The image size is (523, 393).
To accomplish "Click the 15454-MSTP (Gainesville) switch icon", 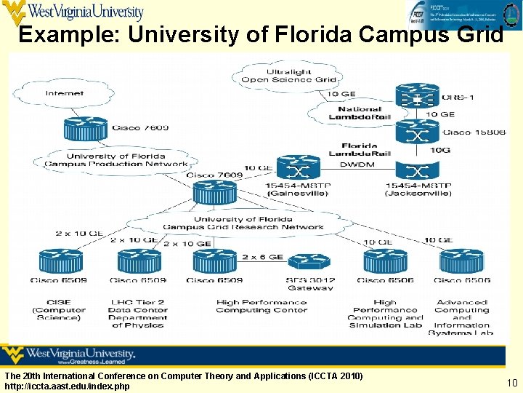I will (x=298, y=170).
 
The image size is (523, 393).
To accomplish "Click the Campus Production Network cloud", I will (x=116, y=159).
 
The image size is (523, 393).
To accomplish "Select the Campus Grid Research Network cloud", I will (x=243, y=223).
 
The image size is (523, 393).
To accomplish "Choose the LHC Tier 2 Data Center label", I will (x=138, y=313).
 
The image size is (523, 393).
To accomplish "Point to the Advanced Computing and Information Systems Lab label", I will (x=461, y=317).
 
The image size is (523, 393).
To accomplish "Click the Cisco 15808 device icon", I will (x=416, y=133).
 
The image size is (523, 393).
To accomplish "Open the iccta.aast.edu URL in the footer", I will (x=67, y=386).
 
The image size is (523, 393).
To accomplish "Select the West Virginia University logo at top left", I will (x=73, y=12).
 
